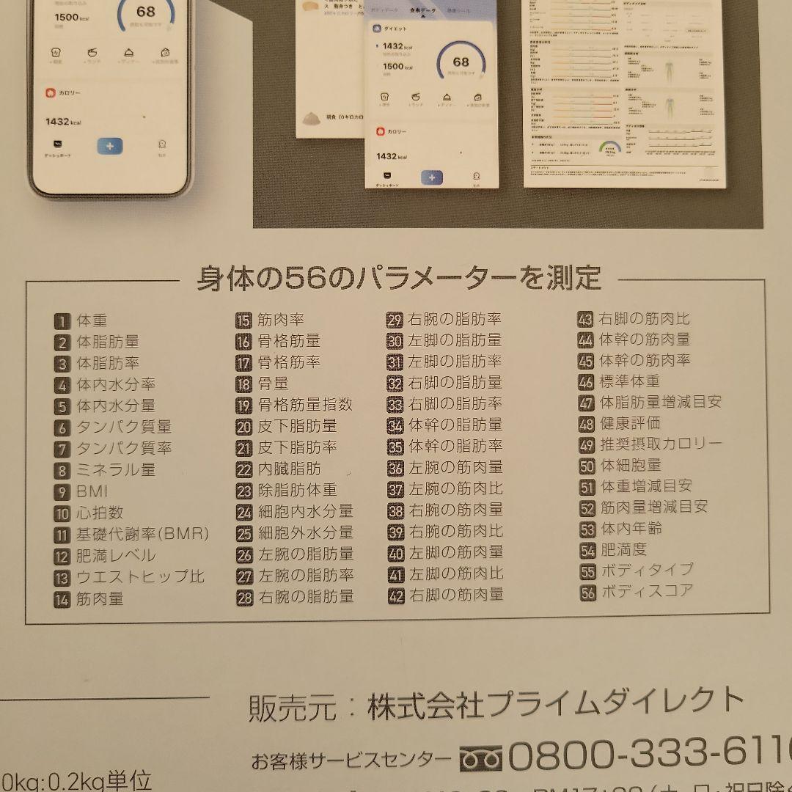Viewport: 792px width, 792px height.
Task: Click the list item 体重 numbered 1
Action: point(92,320)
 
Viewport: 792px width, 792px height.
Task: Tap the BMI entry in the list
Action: point(92,491)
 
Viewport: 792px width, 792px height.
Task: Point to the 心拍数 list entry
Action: point(100,513)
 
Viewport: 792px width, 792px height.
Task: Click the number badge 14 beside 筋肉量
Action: point(62,599)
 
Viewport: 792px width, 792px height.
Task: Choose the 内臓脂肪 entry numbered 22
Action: point(289,469)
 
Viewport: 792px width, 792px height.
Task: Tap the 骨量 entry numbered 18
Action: point(273,384)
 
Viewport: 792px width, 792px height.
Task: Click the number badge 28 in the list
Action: point(244,598)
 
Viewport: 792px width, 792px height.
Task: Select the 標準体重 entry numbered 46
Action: point(629,381)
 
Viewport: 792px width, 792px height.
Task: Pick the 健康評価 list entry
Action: point(629,423)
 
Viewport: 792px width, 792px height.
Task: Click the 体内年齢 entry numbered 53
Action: point(631,528)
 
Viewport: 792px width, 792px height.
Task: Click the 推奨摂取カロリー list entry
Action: point(661,444)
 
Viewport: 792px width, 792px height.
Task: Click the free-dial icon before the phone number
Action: point(480,758)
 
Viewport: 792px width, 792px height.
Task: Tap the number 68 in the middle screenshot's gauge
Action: point(461,62)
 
